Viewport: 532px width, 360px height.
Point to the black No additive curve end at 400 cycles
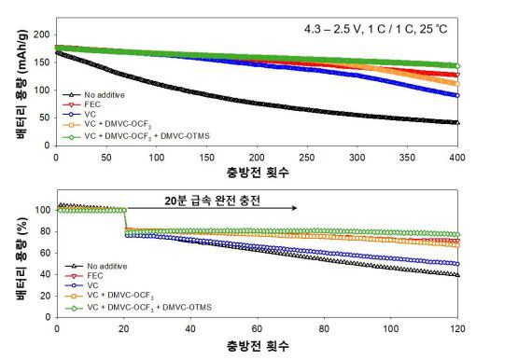point(455,122)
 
